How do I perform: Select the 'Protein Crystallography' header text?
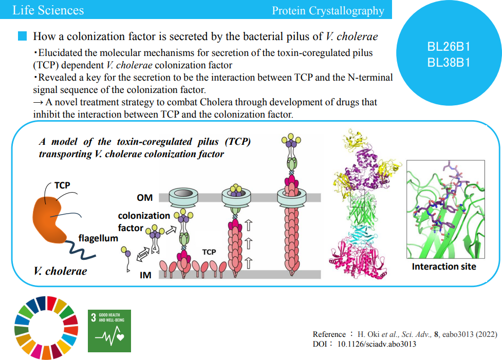[328, 10]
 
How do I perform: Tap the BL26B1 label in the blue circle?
[449, 47]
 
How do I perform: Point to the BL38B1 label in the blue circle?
[449, 63]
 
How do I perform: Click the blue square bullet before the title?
[23, 36]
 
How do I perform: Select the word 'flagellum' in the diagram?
[98, 238]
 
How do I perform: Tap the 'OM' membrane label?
[144, 197]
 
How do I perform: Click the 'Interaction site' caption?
[443, 267]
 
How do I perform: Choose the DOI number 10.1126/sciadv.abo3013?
[376, 344]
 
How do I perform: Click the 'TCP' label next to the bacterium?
[62, 185]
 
